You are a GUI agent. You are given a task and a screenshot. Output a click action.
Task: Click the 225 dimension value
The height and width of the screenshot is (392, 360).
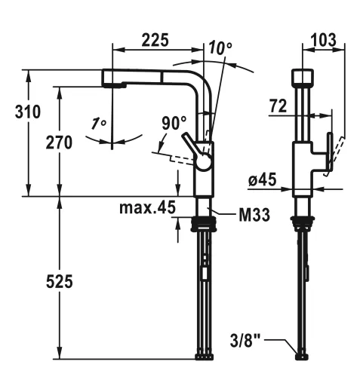[155, 40]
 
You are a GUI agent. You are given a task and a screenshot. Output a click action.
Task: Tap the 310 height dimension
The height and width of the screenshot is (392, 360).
[28, 112]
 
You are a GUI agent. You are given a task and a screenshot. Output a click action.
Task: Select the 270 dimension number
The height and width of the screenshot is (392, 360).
[59, 142]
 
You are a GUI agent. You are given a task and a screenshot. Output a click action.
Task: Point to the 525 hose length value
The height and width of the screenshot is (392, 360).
[60, 281]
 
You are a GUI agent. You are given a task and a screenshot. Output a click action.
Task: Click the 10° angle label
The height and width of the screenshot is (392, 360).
[220, 47]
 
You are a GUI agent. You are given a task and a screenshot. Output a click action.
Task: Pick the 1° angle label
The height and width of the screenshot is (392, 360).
[99, 124]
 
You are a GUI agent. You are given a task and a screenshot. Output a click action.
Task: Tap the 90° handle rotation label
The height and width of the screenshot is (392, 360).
[174, 123]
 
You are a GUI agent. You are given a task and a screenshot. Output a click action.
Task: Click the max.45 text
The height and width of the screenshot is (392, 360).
[147, 207]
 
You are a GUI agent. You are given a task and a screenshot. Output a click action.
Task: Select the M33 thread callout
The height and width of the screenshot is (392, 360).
[254, 215]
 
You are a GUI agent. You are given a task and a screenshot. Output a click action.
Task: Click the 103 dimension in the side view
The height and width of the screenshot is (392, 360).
[324, 40]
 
